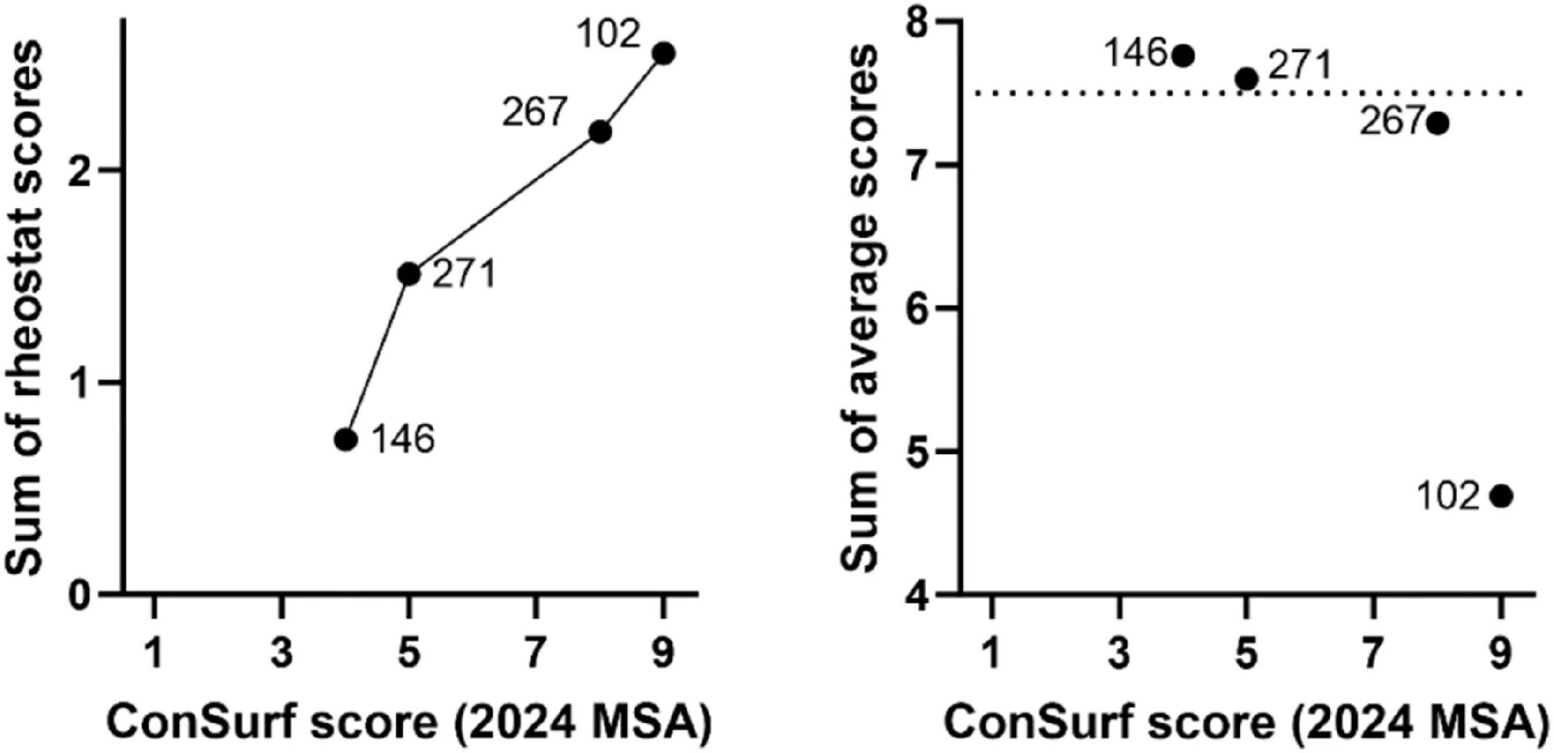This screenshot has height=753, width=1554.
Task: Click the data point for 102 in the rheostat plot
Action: click(x=664, y=53)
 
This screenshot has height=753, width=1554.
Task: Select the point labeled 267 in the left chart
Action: click(x=600, y=132)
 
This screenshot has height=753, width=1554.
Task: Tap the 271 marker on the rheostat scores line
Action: click(x=409, y=274)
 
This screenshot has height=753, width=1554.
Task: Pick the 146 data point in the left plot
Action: click(x=346, y=440)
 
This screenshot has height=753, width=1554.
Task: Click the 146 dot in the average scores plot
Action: click(x=1183, y=56)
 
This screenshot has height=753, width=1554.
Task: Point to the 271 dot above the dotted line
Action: click(x=1246, y=79)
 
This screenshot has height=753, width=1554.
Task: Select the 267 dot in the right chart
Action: click(x=1437, y=124)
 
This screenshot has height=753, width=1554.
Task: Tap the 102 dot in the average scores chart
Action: click(x=1501, y=496)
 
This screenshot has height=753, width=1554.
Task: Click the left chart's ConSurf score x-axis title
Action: click(x=409, y=722)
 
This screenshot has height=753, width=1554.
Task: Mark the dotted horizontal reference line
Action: click(x=1052, y=94)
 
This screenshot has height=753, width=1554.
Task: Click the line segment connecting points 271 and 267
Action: click(x=504, y=203)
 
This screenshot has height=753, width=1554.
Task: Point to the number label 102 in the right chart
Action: click(x=1447, y=496)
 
